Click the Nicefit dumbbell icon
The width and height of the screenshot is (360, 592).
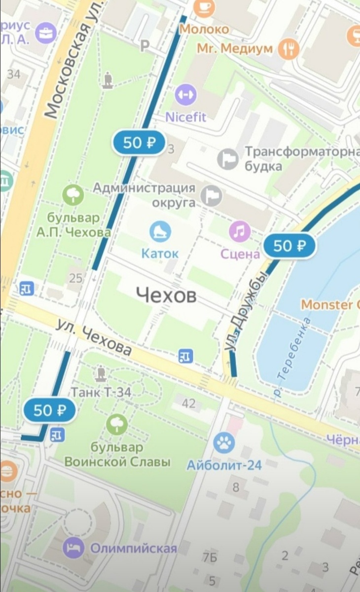tap(185, 95)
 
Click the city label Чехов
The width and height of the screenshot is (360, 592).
tap(166, 296)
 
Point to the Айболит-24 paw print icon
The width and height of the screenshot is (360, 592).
tap(224, 443)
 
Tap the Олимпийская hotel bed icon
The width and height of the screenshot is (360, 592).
tap(73, 548)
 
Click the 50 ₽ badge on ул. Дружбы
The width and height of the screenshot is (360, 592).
tap(289, 246)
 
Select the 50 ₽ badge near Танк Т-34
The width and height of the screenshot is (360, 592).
tap(49, 410)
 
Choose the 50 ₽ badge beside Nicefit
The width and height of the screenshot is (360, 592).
tap(139, 143)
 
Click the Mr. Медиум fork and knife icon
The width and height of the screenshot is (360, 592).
tap(288, 48)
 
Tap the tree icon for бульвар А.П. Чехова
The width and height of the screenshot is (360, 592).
tap(72, 195)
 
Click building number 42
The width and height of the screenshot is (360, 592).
tap(188, 404)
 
